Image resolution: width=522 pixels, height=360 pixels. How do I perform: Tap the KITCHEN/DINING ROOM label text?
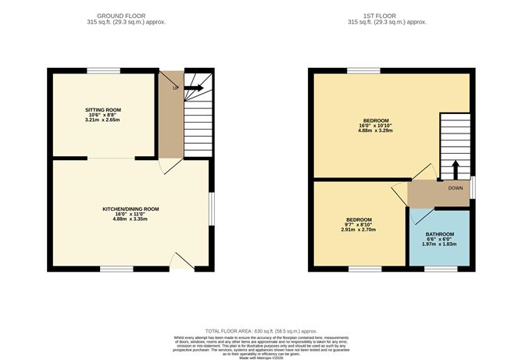[130, 209]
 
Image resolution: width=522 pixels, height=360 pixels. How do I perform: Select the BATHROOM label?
[439, 235]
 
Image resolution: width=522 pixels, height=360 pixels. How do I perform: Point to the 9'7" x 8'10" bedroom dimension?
[359, 225]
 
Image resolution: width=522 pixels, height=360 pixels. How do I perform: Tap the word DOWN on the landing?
[456, 188]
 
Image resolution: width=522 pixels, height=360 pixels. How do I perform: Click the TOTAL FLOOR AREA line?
[260, 330]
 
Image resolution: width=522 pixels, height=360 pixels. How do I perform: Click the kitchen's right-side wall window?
[210, 209]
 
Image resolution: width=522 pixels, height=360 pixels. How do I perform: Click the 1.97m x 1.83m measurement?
[439, 245]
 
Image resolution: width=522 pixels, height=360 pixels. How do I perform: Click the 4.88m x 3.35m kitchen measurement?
[130, 219]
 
